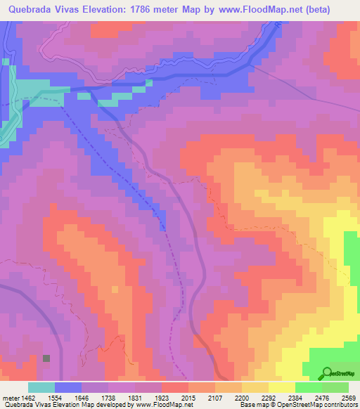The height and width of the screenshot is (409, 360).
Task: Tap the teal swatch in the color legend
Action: click(41, 387)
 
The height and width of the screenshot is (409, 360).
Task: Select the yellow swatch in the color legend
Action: click(281, 387)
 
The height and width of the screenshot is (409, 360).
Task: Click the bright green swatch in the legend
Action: click(308, 387)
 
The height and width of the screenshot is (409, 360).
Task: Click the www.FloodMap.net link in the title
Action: click(265, 10)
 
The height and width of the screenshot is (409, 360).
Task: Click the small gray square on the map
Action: click(46, 358)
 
